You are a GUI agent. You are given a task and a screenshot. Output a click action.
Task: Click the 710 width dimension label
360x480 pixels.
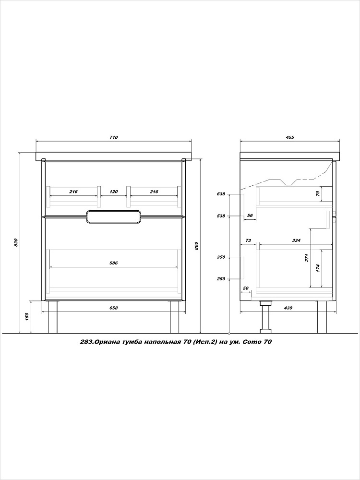point(114,137)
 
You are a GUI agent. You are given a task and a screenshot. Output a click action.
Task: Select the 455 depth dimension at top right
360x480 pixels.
point(290,137)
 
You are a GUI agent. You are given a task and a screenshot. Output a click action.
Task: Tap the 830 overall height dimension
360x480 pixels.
point(16,242)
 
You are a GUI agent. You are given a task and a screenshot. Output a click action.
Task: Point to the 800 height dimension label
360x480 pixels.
point(196,246)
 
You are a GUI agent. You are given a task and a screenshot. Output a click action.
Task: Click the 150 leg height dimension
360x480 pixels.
point(27,316)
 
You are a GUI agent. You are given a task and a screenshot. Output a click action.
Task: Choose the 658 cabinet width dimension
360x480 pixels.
point(114,308)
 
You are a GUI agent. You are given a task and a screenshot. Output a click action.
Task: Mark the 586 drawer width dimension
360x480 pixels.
point(114,263)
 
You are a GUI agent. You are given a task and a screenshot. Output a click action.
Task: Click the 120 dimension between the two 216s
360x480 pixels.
point(114,192)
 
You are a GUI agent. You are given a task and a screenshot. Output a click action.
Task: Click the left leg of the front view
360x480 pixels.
point(53,317)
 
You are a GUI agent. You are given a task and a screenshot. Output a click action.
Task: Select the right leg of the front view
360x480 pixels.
point(175,317)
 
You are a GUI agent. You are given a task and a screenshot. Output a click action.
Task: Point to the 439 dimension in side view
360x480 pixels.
point(288,308)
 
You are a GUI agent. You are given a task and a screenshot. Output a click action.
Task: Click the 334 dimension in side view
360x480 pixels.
point(296,240)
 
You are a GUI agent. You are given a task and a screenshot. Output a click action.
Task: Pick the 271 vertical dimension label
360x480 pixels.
point(307,258)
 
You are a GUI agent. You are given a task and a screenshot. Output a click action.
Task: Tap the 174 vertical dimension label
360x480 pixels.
point(318,268)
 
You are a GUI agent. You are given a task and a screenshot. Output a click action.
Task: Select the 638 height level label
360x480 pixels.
point(221,194)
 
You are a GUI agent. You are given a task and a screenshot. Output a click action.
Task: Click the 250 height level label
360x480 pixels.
point(221,279)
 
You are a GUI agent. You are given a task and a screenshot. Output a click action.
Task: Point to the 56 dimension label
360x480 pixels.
point(250,216)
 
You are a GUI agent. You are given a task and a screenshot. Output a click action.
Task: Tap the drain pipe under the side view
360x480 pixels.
point(265,317)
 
